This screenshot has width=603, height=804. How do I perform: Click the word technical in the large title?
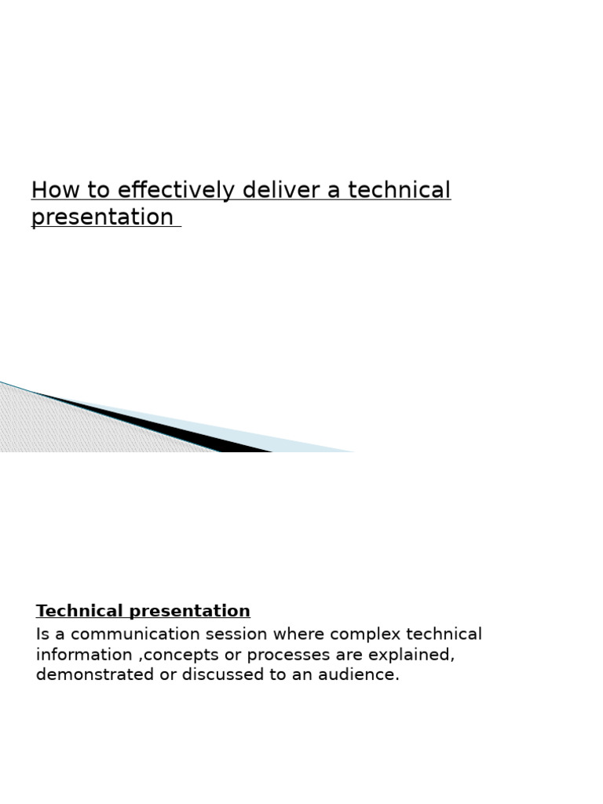pos(399,191)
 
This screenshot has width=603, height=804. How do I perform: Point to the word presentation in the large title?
pos(102,217)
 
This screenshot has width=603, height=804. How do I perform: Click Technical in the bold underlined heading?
pos(80,611)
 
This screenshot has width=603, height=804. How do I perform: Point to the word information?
pos(85,655)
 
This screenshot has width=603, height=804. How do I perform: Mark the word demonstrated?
pos(95,675)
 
